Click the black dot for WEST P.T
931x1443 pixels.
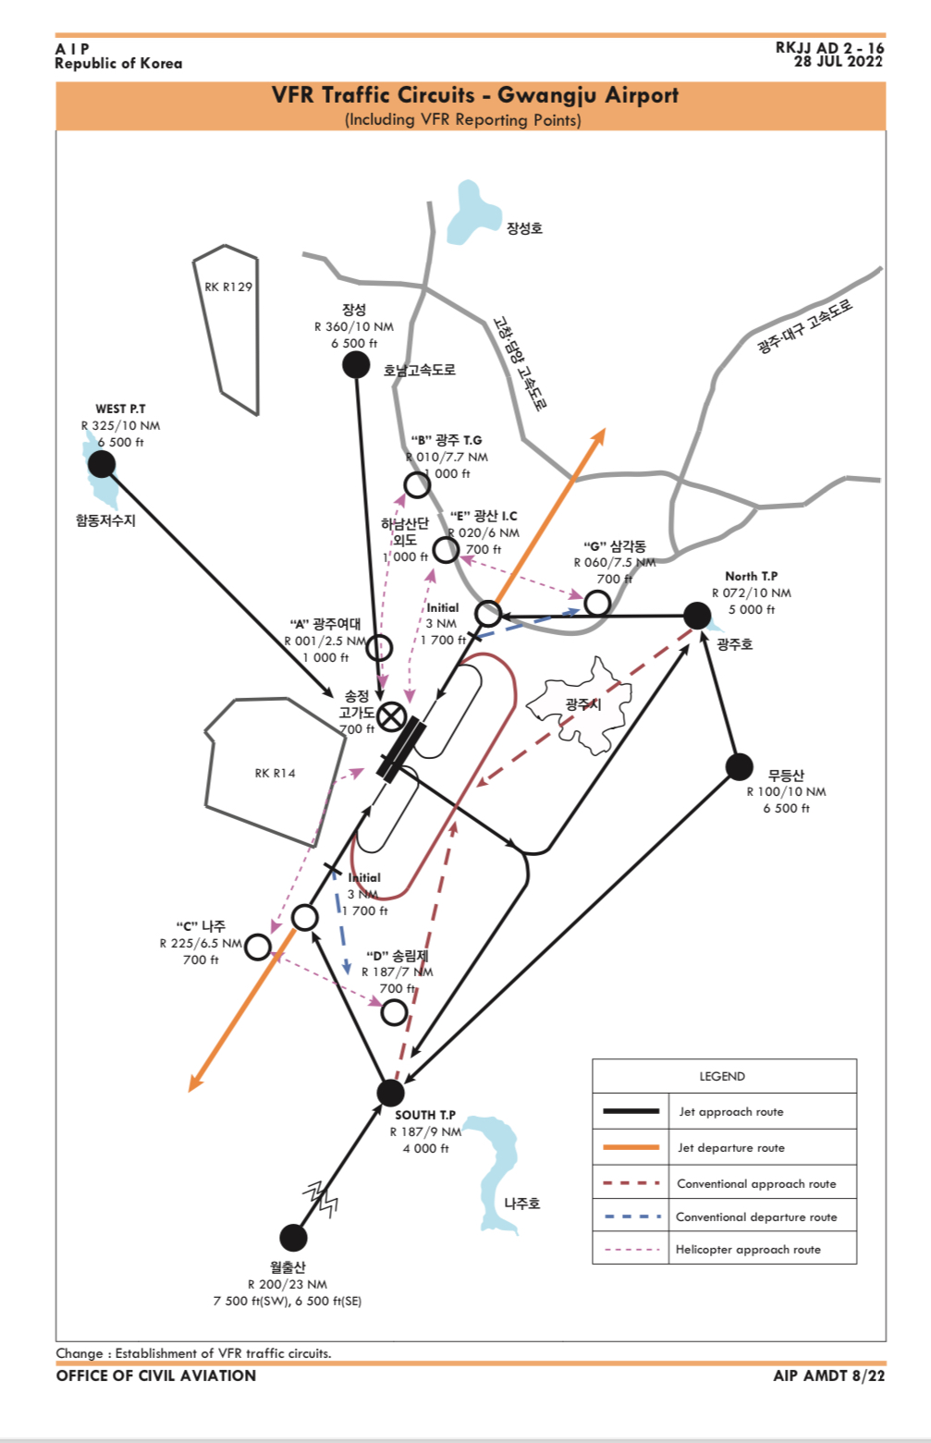click(102, 463)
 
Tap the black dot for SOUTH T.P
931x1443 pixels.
click(391, 1092)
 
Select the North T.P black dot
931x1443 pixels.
click(697, 615)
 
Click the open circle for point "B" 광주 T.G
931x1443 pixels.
click(417, 484)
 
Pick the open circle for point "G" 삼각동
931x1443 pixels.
click(598, 604)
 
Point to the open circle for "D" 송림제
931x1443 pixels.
click(395, 1011)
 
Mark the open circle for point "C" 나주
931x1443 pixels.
click(258, 947)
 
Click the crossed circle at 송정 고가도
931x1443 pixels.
click(392, 715)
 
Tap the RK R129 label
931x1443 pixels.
click(228, 287)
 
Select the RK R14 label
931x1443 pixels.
click(276, 773)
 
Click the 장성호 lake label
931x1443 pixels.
click(524, 228)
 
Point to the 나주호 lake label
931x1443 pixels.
click(522, 1204)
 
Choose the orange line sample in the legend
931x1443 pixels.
click(631, 1147)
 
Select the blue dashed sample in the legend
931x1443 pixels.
click(631, 1217)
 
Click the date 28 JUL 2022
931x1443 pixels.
click(839, 62)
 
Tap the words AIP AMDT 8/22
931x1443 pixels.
click(829, 1376)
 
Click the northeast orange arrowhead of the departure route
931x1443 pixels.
click(600, 434)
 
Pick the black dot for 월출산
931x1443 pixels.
click(293, 1237)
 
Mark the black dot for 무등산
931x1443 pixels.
click(740, 766)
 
